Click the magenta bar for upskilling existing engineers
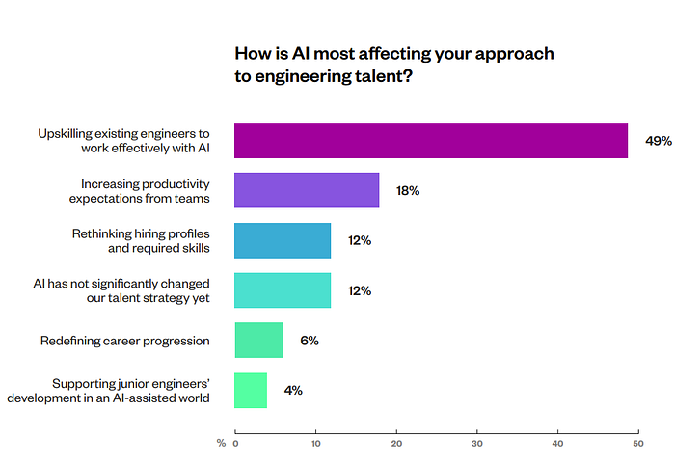click(x=431, y=141)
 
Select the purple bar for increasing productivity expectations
click(x=307, y=190)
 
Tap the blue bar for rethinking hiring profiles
click(x=283, y=240)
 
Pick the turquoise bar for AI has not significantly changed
click(x=283, y=290)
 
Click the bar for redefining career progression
click(x=259, y=340)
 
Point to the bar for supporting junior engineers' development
click(x=251, y=391)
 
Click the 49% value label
click(x=659, y=141)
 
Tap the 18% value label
click(x=408, y=190)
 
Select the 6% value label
click(x=310, y=341)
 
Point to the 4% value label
click(x=293, y=391)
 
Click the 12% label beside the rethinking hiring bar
click(x=360, y=240)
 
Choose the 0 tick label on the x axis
click(x=235, y=444)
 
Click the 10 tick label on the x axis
click(x=316, y=444)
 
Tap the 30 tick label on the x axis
click(x=477, y=444)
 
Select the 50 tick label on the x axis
click(x=638, y=444)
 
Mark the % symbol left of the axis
click(x=221, y=443)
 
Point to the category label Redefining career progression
click(x=124, y=341)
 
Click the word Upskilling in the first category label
click(x=65, y=134)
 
